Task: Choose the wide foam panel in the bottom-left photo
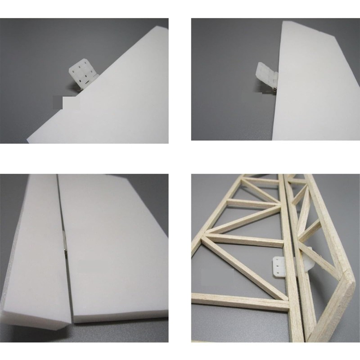point(112,243)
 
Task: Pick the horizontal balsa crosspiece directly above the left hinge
point(245,239)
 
